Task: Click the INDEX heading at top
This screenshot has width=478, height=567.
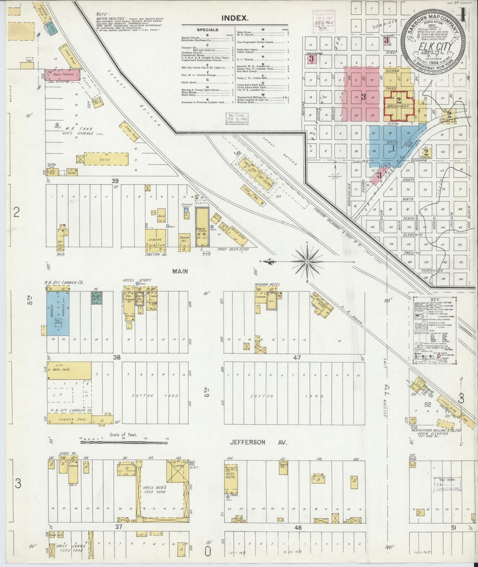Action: click(x=236, y=18)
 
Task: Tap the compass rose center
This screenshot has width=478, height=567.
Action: click(x=308, y=262)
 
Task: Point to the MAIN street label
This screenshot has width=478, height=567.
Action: click(x=180, y=271)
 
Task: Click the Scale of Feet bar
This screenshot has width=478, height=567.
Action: click(x=124, y=439)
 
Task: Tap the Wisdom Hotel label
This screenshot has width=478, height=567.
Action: click(x=267, y=284)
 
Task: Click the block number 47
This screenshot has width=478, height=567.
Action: click(x=296, y=358)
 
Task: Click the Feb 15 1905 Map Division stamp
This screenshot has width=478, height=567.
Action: click(x=237, y=119)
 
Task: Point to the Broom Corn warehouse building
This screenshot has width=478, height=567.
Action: click(x=202, y=227)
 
